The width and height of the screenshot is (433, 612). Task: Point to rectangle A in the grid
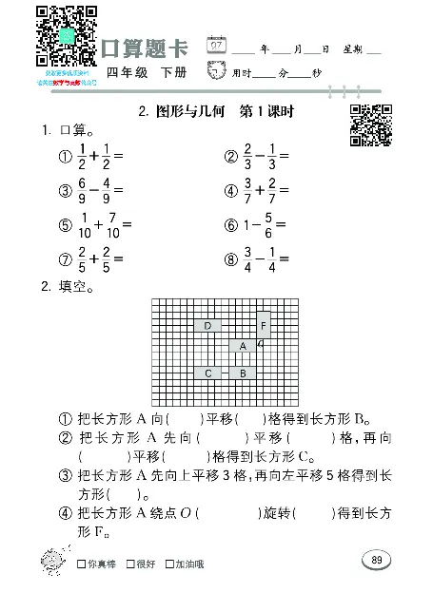click(x=244, y=346)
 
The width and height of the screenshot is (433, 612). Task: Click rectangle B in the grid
click(x=244, y=373)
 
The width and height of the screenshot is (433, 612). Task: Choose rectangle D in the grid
click(x=208, y=326)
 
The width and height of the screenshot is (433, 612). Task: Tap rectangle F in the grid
click(x=265, y=326)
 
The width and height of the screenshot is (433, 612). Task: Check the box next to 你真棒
click(x=83, y=564)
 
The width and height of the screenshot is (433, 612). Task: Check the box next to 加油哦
click(x=169, y=564)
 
